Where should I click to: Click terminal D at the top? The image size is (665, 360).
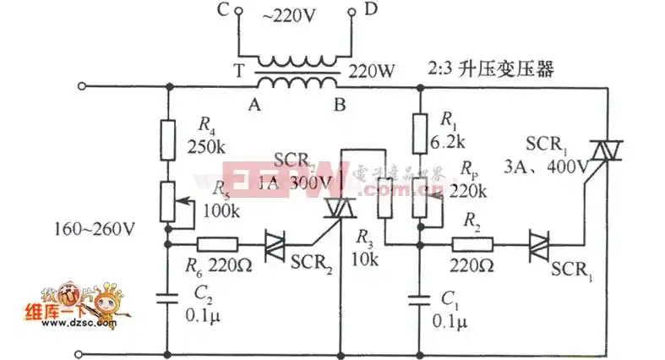(x=351, y=13)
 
